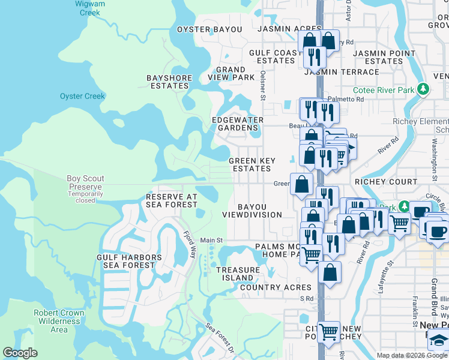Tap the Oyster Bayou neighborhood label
click(209, 29)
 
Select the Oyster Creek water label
click(82, 96)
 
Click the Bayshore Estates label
click(169, 82)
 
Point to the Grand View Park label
click(231, 74)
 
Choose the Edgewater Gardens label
click(238, 124)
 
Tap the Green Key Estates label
click(252, 164)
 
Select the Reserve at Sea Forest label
click(172, 200)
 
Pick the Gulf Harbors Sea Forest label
click(129, 261)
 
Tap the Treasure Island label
click(238, 274)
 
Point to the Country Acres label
click(276, 287)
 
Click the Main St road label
click(211, 240)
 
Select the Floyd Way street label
click(189, 244)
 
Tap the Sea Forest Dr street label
click(220, 338)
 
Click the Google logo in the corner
click(20, 353)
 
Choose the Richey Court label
click(386, 182)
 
